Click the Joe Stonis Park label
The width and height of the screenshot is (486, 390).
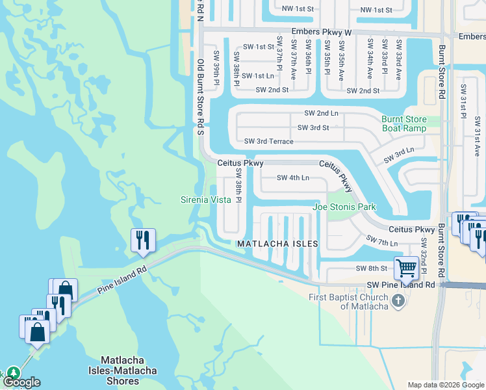(344, 207)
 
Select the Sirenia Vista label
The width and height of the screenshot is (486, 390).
(206, 200)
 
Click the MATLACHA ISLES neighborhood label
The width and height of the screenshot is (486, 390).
(277, 244)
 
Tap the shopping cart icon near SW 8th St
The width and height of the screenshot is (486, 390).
(406, 267)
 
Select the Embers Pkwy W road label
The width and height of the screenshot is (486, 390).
(322, 31)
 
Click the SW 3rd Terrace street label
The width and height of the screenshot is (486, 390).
(269, 141)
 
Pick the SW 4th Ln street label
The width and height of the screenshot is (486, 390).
(293, 177)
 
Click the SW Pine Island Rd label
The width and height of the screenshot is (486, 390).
(401, 285)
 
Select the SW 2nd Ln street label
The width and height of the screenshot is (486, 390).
(322, 113)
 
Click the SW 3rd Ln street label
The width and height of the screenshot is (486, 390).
(398, 155)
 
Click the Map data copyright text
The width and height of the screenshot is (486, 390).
(446, 385)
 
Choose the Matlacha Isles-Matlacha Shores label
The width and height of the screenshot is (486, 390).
(129, 370)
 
